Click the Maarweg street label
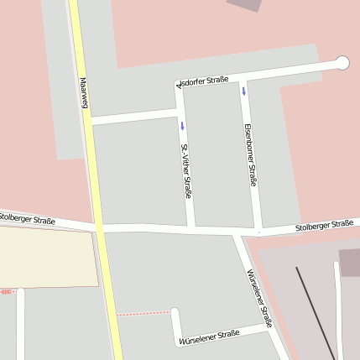pos(84,93)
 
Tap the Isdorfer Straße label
pos(204,82)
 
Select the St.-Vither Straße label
pos(185,170)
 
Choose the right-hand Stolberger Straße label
pos(324,225)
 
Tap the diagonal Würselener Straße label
pos(260,297)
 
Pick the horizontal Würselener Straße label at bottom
pos(209,337)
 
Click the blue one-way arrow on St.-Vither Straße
pos(181,126)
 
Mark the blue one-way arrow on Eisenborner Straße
pos(244,91)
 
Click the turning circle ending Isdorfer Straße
pos(342,62)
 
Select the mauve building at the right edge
pos(350,262)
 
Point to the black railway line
pos(315,310)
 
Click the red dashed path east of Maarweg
pos(143,314)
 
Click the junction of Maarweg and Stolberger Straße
pos(99,227)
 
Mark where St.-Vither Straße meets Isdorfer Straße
pos(179,85)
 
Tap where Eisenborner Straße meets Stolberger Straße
pos(258,230)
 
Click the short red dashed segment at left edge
pos(6,291)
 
